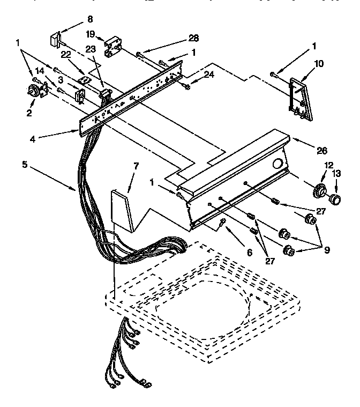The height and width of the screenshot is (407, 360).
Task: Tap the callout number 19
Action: [91, 34]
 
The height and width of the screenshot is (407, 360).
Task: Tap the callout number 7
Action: [136, 166]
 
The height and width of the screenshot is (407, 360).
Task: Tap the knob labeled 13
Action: [336, 200]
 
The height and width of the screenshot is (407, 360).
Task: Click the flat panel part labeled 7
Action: [122, 209]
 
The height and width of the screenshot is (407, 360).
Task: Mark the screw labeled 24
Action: [186, 86]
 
